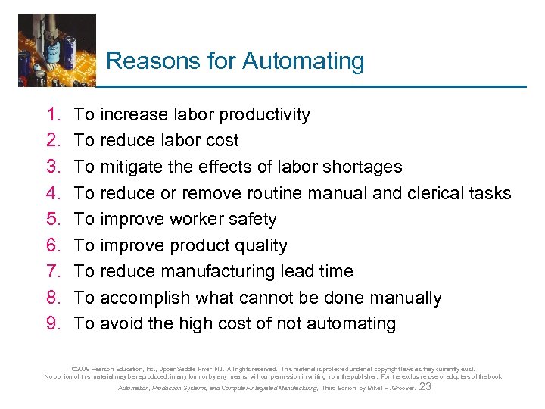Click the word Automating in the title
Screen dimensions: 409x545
click(x=303, y=61)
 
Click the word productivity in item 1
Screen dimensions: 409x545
click(x=263, y=114)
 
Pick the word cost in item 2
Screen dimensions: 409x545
click(x=222, y=140)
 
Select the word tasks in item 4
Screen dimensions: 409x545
click(x=491, y=193)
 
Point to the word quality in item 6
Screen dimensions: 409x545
click(x=260, y=245)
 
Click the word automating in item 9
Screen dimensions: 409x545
click(x=350, y=323)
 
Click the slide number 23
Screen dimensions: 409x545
click(x=425, y=386)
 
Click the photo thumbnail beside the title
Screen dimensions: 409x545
click(x=57, y=50)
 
